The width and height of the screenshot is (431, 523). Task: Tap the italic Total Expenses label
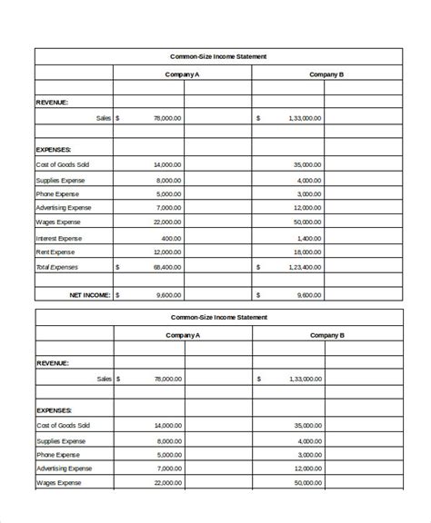click(56, 267)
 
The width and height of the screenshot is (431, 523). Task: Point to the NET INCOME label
click(90, 294)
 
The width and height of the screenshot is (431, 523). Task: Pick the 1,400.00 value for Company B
click(307, 237)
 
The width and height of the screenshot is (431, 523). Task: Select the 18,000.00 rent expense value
click(306, 252)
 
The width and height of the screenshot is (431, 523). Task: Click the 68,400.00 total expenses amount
click(167, 267)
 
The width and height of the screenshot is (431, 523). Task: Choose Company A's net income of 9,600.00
click(169, 294)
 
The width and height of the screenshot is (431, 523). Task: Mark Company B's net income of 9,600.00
click(307, 294)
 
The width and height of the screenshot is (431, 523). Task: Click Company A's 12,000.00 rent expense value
click(167, 252)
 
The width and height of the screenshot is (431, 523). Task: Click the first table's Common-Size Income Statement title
click(218, 56)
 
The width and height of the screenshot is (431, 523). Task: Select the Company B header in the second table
click(326, 335)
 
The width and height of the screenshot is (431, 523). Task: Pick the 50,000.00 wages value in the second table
click(306, 482)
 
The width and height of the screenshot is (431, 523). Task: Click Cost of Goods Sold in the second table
click(63, 425)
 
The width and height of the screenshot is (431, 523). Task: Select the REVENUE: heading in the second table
click(52, 362)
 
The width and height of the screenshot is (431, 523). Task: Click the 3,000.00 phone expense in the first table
click(307, 193)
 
